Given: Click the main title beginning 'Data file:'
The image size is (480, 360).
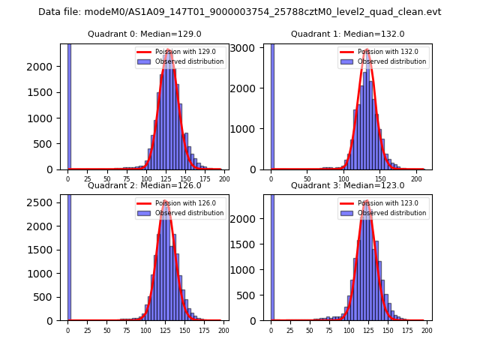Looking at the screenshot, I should [239, 12].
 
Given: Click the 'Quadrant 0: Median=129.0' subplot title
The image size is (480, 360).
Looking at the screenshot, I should [144, 34].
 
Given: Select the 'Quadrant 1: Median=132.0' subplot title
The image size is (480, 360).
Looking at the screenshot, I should [347, 34].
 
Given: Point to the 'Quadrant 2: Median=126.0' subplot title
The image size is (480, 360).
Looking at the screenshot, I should [144, 185].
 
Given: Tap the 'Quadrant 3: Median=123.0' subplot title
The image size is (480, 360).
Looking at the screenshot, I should [347, 185].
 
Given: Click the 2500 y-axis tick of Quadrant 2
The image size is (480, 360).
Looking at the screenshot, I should [45, 202].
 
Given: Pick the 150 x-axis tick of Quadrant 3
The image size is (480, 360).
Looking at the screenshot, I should [388, 330].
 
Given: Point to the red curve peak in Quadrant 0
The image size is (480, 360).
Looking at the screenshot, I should [169, 52].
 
